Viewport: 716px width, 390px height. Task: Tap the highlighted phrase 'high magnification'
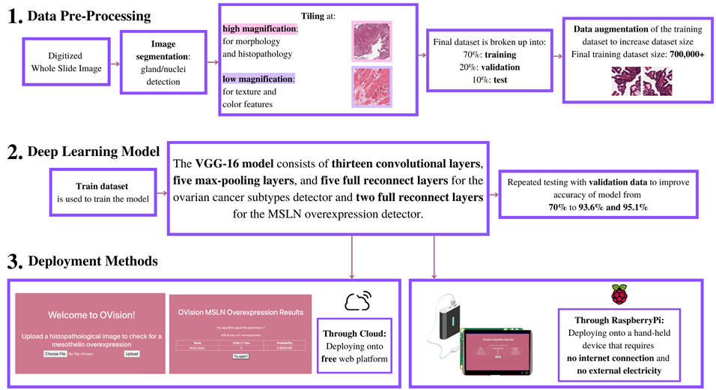click(x=259, y=28)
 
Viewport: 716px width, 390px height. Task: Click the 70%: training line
click(x=490, y=55)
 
